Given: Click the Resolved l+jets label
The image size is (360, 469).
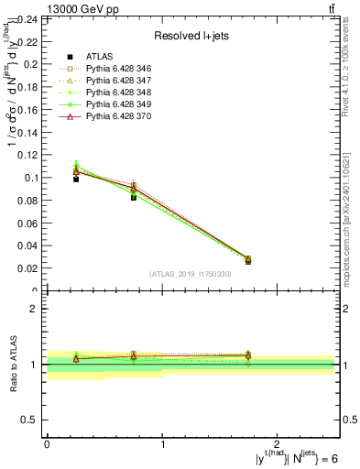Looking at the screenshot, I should [191, 36].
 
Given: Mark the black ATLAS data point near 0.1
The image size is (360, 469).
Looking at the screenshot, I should [76, 179].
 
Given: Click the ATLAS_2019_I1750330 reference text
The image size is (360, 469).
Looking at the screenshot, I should [191, 275].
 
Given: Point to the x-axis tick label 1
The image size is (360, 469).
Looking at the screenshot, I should [162, 444].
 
